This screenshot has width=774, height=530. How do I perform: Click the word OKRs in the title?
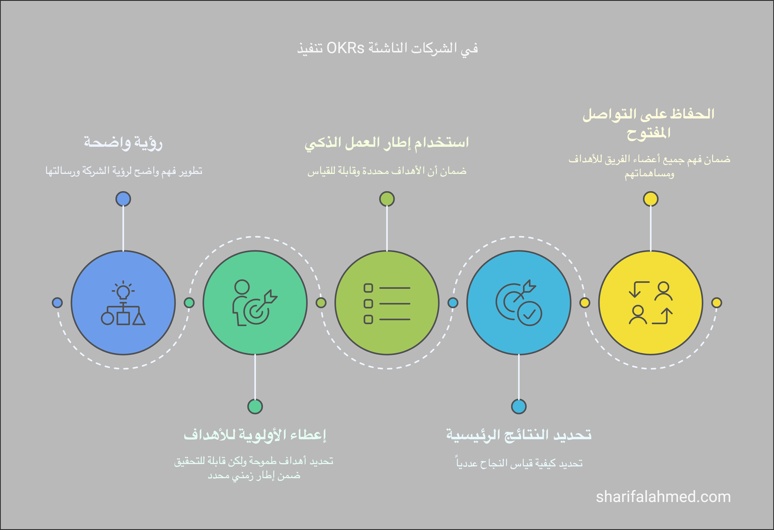(345, 48)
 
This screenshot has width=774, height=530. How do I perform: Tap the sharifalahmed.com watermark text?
(663, 497)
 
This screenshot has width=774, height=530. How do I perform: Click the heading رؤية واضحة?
(123, 142)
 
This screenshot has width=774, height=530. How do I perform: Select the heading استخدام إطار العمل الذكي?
(387, 142)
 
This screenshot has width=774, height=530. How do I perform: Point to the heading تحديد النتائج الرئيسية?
(519, 435)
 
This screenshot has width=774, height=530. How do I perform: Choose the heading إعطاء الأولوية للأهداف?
(255, 435)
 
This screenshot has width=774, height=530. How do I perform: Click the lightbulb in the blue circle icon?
(123, 290)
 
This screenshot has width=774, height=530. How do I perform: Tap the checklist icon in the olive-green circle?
(387, 303)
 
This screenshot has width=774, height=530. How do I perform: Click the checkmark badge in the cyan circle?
(529, 313)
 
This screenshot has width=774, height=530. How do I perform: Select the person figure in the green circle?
(241, 302)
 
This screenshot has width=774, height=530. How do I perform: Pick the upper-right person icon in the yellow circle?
(663, 291)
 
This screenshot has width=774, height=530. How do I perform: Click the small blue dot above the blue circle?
(123, 199)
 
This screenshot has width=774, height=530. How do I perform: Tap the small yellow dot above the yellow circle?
(651, 199)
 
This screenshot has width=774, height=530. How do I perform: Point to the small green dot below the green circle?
(255, 406)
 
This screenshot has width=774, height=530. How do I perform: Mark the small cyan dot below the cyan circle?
(519, 406)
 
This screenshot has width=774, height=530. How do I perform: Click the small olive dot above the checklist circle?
(387, 199)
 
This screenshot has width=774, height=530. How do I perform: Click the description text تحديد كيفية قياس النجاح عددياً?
(520, 463)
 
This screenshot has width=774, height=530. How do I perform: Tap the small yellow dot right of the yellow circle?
(716, 303)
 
